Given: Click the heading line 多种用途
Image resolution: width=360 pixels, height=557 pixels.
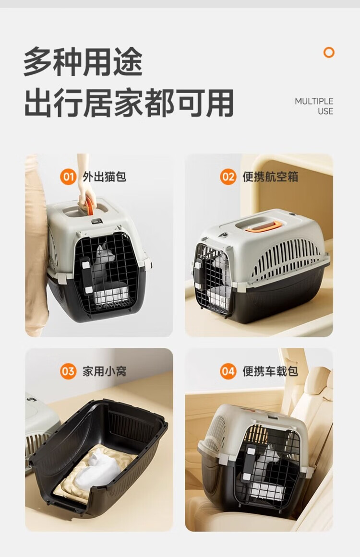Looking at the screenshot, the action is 83,62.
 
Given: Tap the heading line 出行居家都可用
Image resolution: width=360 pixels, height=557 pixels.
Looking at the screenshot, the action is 129,103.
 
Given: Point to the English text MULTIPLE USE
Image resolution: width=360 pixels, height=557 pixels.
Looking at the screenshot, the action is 314,106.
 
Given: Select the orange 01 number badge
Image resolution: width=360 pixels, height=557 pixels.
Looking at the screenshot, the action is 68,177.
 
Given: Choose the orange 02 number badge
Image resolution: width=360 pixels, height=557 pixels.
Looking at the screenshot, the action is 228,177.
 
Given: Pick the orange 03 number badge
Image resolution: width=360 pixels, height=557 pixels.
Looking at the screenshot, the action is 68,371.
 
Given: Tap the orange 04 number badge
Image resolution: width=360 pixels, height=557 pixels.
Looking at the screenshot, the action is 228,371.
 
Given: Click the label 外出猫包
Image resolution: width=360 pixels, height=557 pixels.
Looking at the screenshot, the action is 104,177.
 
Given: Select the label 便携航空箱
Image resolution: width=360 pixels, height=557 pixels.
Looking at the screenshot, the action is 270,177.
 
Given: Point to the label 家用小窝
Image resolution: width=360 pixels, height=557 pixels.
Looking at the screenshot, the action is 104,371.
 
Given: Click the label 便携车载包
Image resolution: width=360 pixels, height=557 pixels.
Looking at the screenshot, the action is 270,371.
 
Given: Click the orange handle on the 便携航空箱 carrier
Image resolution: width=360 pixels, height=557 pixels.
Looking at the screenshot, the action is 264,226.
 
